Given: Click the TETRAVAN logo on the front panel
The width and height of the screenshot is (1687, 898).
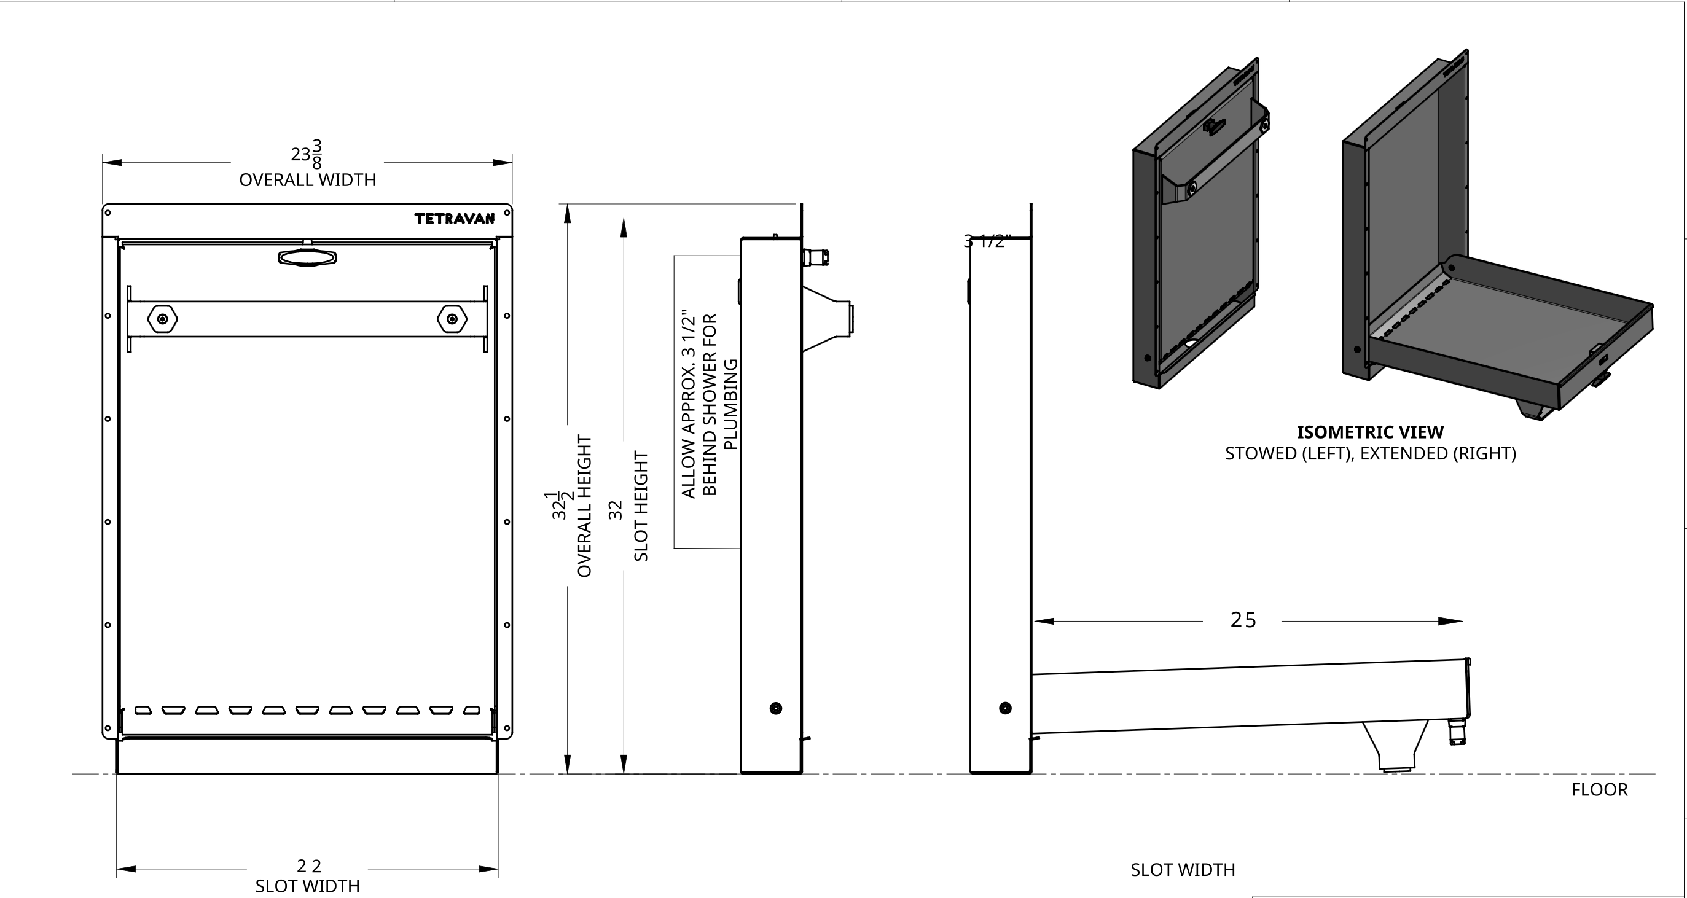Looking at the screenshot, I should [455, 219].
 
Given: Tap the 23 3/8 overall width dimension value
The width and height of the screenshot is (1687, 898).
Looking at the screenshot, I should [307, 155].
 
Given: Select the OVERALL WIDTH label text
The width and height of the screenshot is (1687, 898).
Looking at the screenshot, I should [307, 180].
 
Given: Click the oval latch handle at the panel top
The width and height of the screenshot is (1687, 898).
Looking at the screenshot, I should [307, 257].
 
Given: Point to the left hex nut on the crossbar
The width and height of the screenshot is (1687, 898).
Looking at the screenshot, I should [162, 319].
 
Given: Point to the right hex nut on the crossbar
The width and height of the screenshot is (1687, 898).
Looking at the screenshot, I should [452, 319].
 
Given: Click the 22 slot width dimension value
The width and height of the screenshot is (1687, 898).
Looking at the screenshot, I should [308, 866].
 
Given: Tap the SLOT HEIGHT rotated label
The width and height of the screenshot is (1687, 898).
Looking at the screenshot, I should [641, 506].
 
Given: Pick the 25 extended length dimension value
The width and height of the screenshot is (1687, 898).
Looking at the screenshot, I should [1243, 620].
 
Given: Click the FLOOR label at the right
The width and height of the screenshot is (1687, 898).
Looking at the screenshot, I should [1599, 790].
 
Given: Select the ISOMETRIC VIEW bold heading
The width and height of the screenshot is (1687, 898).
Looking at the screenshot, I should [1370, 432].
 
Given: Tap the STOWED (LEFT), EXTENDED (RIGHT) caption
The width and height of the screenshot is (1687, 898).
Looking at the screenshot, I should [1370, 453].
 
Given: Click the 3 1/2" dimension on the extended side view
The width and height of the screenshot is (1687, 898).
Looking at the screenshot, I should [987, 241].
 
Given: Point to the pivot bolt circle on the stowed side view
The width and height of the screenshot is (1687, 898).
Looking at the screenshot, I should [775, 708].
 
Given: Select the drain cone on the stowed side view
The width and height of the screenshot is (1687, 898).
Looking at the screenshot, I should [828, 319].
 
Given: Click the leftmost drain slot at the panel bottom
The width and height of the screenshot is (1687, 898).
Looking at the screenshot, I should [143, 710].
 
